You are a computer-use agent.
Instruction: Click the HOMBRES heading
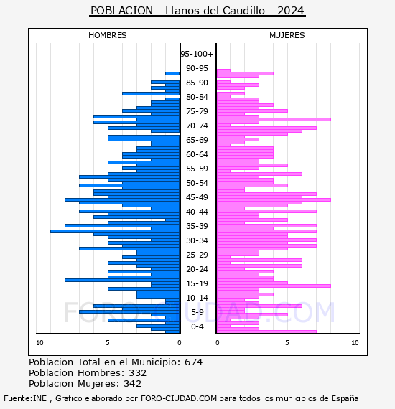107,35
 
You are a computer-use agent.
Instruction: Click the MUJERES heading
287,35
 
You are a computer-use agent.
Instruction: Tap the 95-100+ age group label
197,54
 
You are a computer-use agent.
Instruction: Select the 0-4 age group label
197,326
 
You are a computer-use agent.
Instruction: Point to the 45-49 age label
197,197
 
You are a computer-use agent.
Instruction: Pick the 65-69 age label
197,140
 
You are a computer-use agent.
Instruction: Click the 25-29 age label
197,255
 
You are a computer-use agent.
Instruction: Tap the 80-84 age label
197,97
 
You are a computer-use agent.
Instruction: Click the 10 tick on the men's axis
39,343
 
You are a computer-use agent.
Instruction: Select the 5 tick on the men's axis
108,343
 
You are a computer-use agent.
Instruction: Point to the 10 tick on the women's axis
355,343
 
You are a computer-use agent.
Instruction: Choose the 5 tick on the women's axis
287,343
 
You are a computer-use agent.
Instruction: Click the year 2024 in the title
291,11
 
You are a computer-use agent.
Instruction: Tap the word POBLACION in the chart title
121,11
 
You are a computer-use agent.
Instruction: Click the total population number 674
193,362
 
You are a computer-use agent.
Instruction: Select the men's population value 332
138,372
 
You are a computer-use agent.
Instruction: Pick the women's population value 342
133,383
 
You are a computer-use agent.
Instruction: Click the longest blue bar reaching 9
115,231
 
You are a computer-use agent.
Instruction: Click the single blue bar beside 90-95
172,74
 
